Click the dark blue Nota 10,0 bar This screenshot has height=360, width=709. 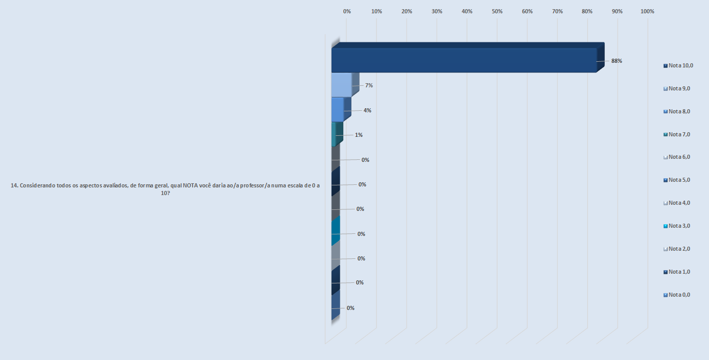464,60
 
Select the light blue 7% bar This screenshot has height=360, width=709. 341,85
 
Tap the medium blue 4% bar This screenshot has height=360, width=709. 337,109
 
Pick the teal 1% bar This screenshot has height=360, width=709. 334,134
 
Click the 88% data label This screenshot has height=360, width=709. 617,61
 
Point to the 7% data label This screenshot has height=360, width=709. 369,85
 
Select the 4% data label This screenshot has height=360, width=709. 367,110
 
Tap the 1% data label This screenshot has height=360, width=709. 359,135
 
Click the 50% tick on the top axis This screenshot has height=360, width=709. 497,11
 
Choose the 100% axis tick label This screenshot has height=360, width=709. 647,11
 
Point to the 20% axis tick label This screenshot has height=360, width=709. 407,11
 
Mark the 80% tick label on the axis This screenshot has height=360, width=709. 587,11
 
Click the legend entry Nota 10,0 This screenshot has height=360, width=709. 679,65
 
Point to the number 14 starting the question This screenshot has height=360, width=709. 14,186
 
